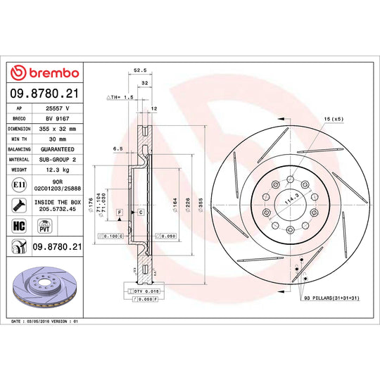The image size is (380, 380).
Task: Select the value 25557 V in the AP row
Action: point(57,109)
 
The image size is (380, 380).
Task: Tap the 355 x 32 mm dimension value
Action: point(57,129)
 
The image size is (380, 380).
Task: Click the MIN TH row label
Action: point(18,139)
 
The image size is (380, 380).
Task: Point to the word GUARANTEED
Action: point(57,150)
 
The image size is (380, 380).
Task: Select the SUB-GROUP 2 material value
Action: point(57,160)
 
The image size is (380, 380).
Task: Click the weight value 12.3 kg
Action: point(57,170)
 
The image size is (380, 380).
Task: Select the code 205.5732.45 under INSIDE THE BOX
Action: point(57,209)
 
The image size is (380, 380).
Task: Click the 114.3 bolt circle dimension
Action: point(284,200)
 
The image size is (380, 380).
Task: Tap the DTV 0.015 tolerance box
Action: point(141,291)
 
